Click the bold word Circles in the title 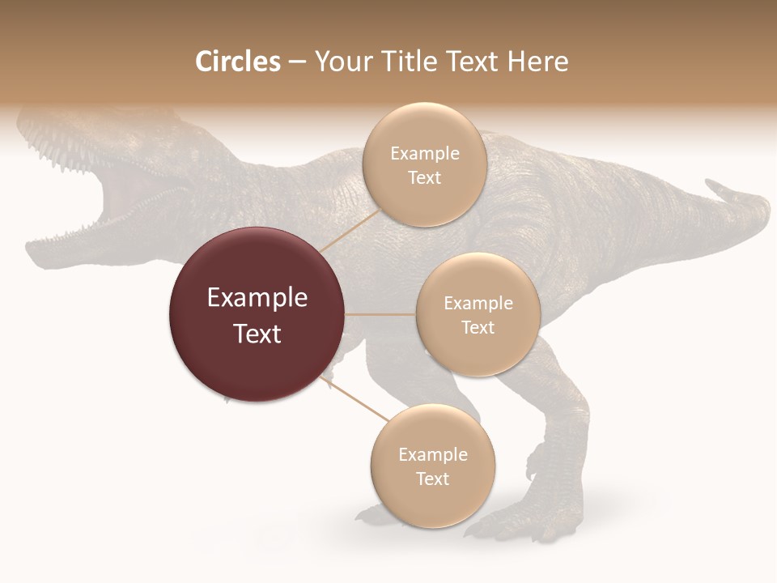[237, 62]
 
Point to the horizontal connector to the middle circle [380, 314]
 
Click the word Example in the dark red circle [257, 298]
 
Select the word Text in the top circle [424, 178]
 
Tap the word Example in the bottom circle [432, 454]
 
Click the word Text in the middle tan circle [478, 327]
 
